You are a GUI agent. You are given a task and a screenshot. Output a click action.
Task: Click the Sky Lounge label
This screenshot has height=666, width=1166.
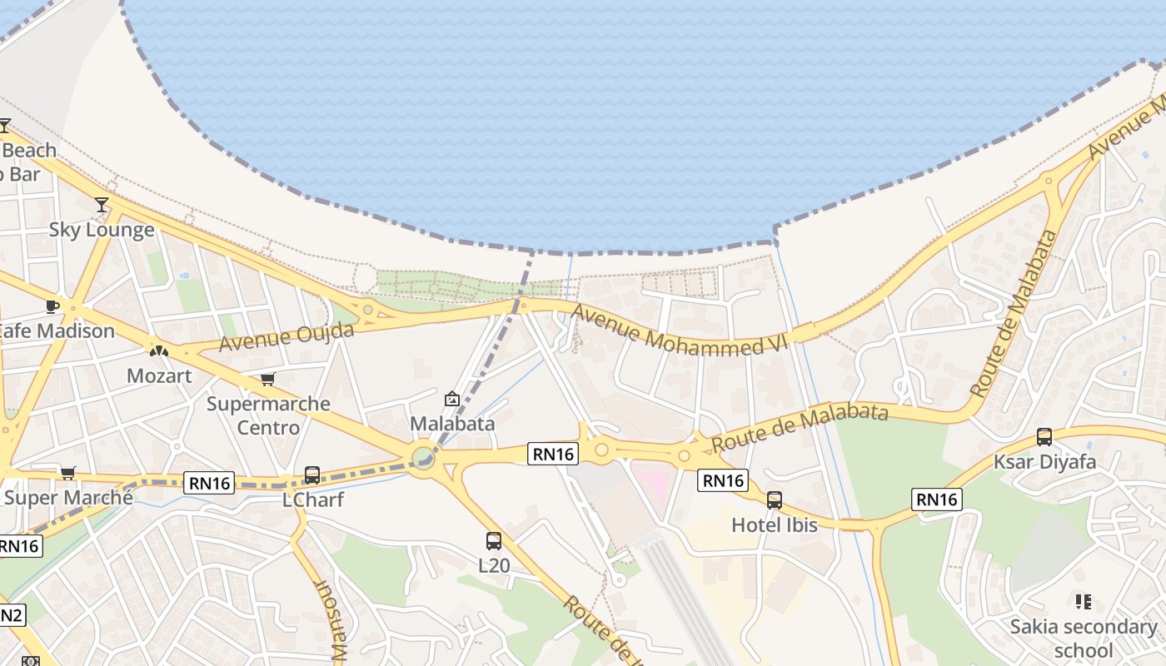[102, 230]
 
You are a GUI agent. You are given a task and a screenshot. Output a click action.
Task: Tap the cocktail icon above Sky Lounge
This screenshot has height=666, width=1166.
[102, 204]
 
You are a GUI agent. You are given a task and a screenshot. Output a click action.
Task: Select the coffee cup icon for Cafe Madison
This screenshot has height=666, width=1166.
[52, 306]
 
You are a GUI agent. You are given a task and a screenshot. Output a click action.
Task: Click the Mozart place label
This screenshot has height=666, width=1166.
[159, 375]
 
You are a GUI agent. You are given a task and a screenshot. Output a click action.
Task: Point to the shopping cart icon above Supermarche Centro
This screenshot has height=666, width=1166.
[268, 380]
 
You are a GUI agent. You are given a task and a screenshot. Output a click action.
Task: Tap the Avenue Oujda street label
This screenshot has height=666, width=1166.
[287, 336]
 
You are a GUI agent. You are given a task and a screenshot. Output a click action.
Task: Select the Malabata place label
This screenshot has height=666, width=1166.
[452, 424]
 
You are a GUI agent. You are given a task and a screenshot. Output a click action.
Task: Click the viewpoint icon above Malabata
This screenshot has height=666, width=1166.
[452, 399]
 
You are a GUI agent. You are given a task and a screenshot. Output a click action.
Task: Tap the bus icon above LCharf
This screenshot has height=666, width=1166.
[312, 475]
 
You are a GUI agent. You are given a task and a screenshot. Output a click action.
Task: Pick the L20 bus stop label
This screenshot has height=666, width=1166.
[494, 566]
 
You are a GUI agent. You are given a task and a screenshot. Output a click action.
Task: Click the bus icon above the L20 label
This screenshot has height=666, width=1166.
[494, 541]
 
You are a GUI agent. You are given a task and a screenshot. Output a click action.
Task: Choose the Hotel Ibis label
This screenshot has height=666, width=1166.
[775, 525]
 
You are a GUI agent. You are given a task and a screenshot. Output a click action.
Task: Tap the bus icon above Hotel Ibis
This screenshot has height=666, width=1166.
[775, 500]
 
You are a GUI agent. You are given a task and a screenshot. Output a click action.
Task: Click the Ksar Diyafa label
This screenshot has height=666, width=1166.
[1044, 462]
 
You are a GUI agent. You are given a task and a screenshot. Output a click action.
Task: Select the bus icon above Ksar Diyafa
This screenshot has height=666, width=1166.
[1044, 437]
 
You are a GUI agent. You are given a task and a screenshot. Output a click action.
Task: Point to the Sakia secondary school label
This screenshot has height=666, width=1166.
[1084, 639]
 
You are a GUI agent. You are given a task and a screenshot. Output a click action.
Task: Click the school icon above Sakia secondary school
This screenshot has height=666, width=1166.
[1084, 601]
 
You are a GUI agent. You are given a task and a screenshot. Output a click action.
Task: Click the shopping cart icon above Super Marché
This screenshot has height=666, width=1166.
[68, 473]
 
